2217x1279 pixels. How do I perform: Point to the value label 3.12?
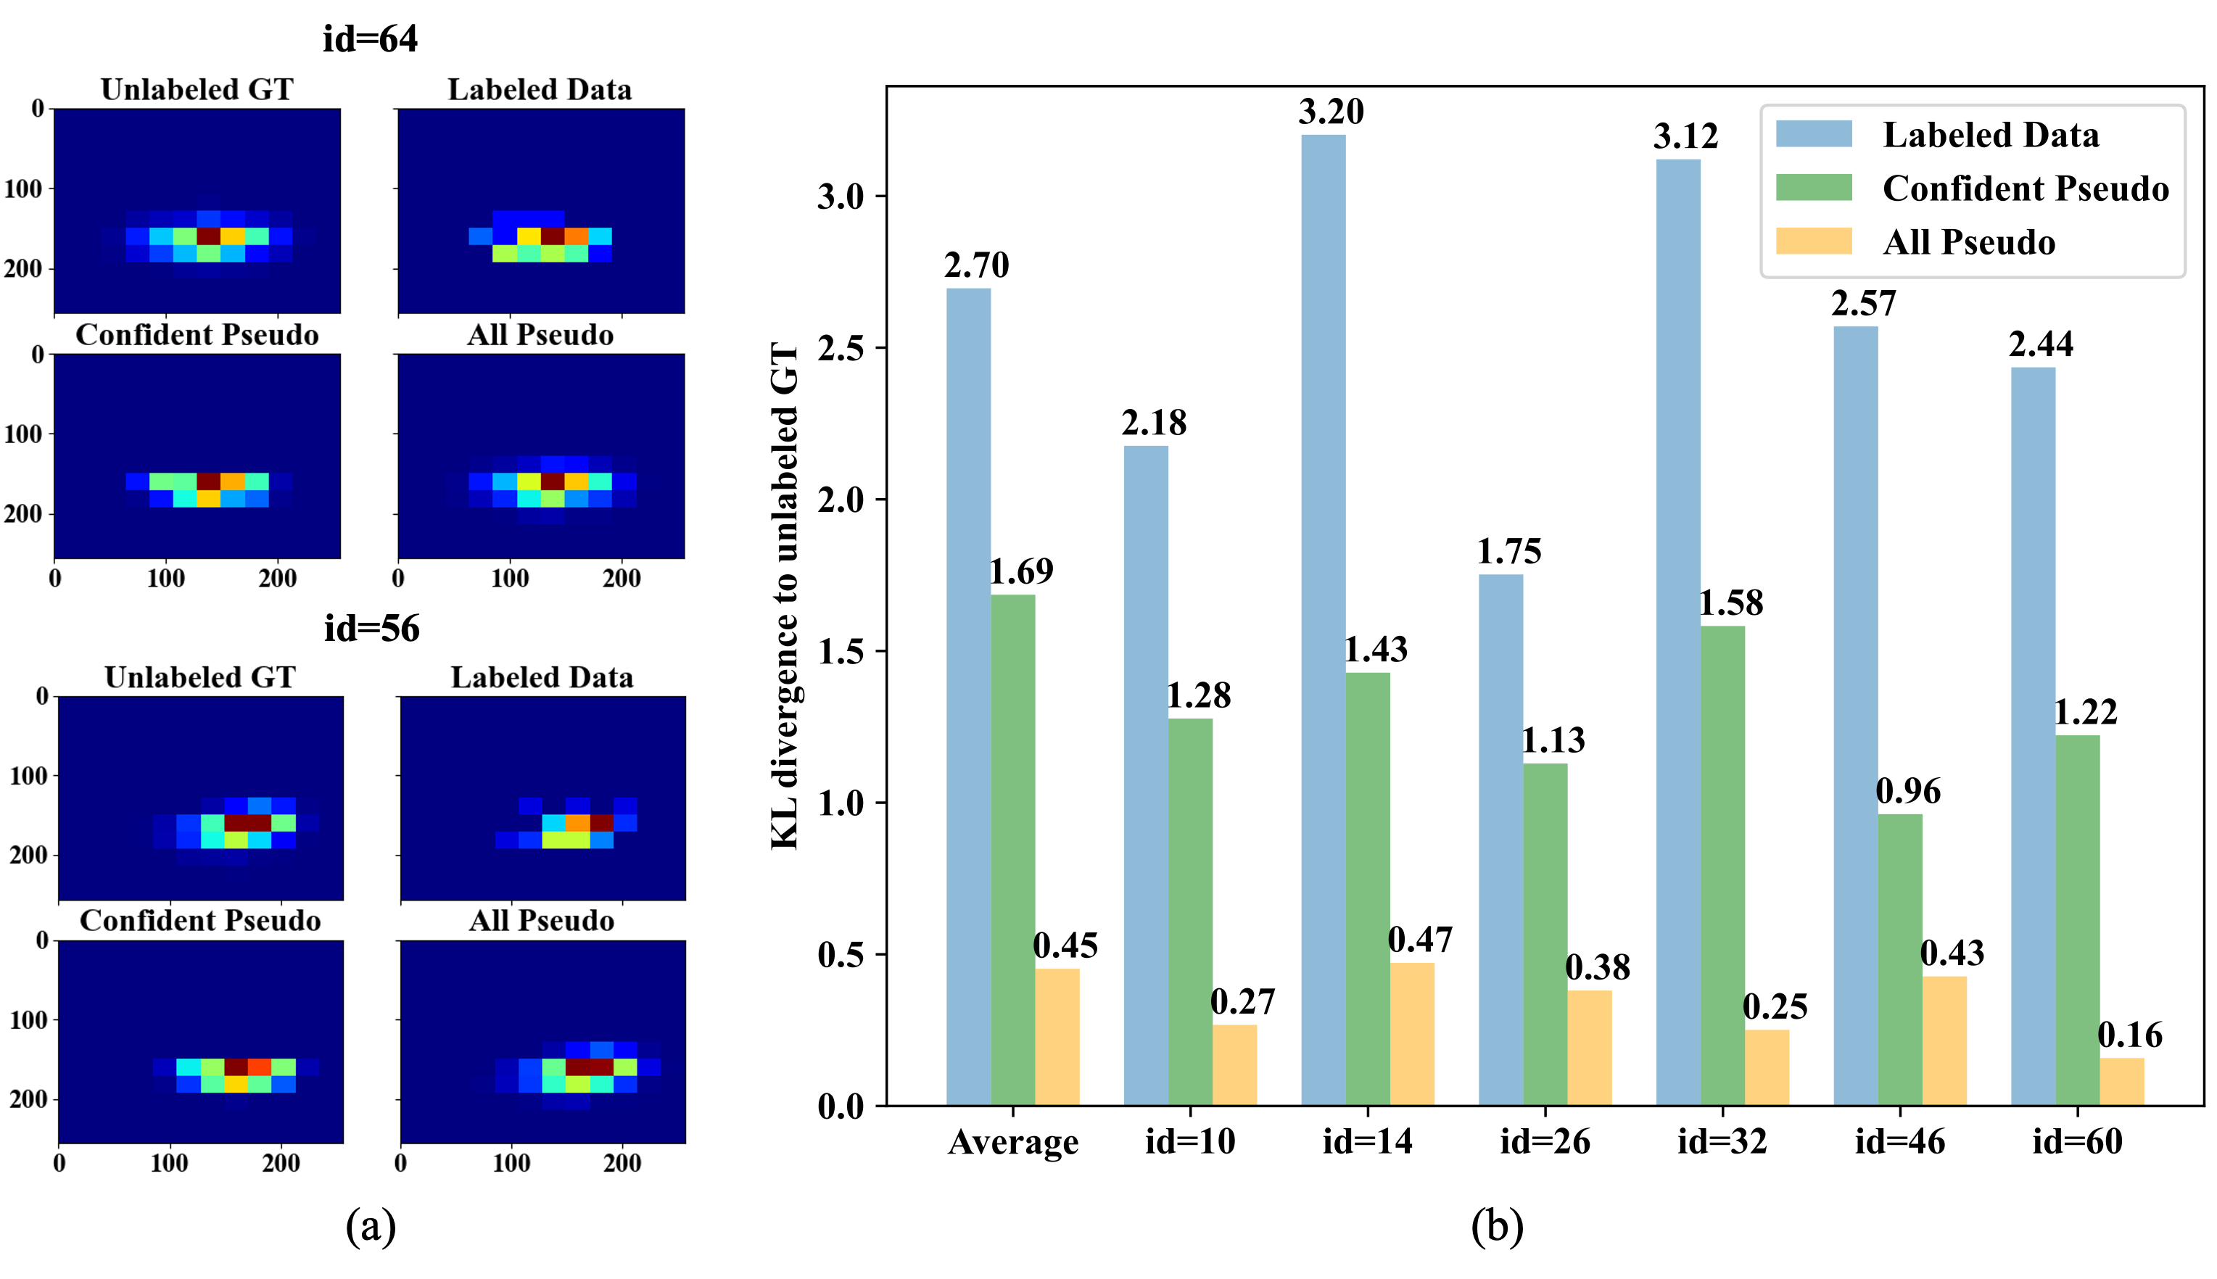pos(1685,136)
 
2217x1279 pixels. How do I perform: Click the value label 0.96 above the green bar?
pos(1908,792)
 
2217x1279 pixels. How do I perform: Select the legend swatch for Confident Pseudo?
pos(1813,187)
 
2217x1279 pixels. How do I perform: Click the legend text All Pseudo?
pos(1968,242)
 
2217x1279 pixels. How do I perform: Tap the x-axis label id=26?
pos(1544,1141)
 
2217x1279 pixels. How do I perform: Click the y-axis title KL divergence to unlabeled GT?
pos(785,597)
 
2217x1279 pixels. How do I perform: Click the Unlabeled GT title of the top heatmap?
pos(197,90)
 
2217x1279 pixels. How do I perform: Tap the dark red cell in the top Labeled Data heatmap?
pos(552,236)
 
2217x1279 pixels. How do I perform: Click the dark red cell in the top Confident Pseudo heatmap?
pos(208,481)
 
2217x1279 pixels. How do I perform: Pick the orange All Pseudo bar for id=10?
pos(1234,1064)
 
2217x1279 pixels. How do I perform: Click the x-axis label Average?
pos(1012,1142)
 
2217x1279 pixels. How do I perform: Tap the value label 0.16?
pos(2129,1035)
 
